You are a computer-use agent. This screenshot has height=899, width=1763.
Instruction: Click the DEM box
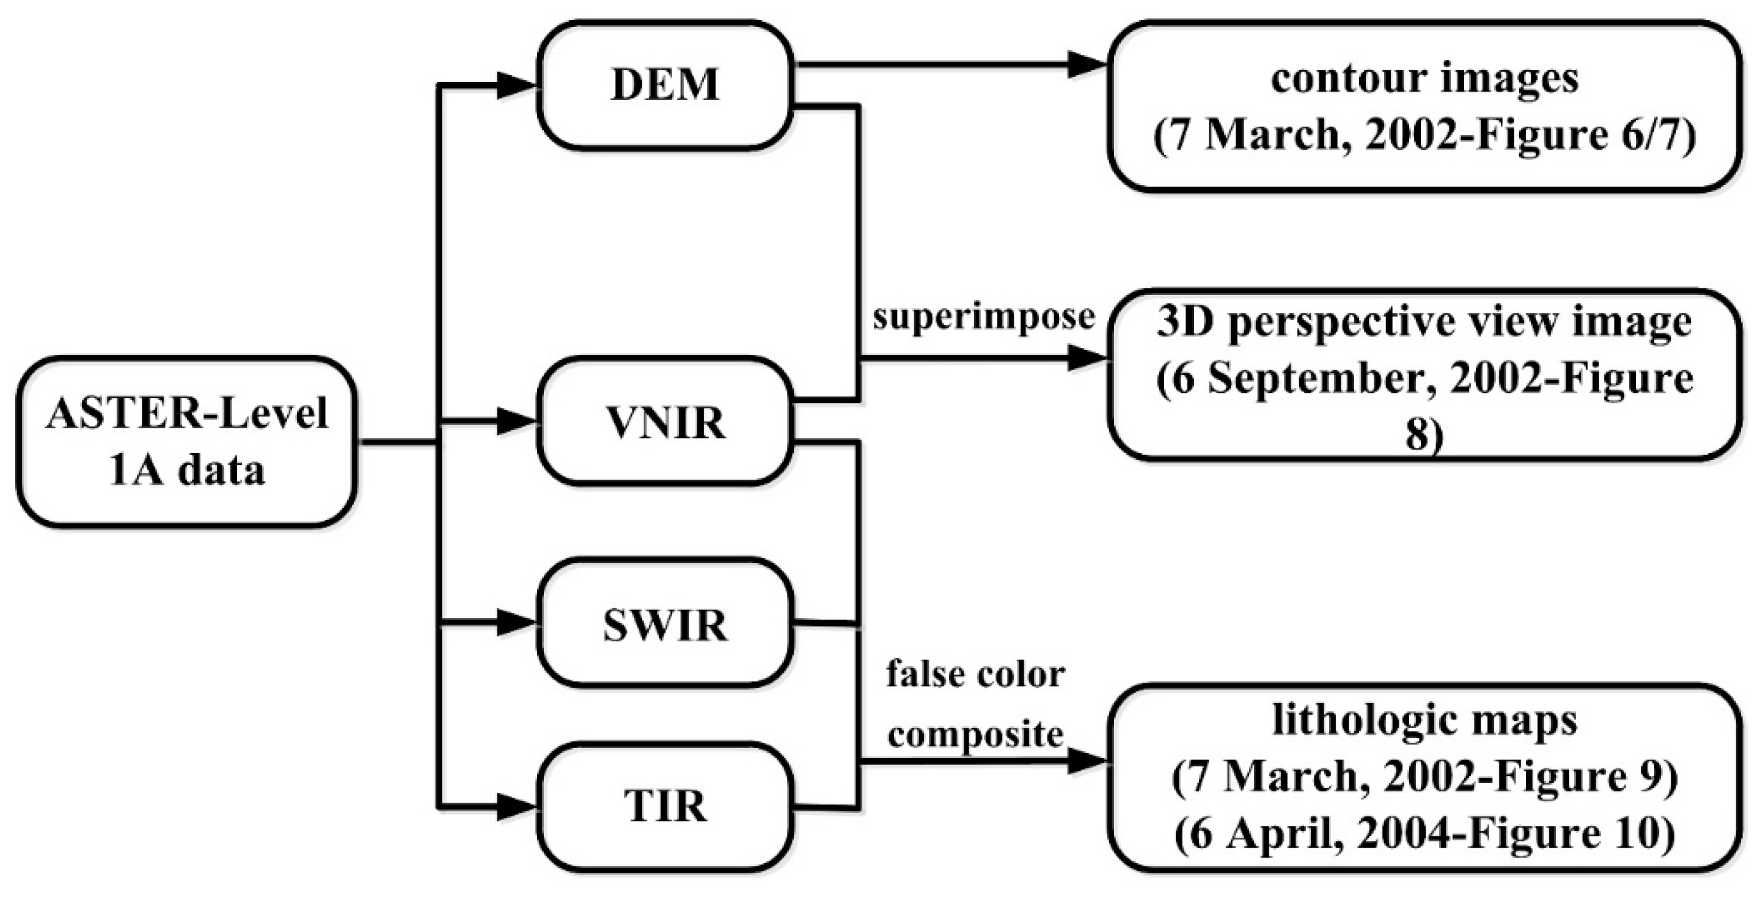point(664,85)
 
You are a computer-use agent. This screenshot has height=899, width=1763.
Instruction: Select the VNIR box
point(664,421)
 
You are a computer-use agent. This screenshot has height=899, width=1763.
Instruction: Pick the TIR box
point(664,806)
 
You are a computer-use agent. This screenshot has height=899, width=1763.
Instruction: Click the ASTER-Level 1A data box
point(186,442)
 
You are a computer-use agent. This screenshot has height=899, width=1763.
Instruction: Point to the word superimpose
point(983,317)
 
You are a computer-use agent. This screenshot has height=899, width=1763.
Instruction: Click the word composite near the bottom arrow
point(975,735)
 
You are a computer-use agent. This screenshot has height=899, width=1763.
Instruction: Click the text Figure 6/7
point(1574,135)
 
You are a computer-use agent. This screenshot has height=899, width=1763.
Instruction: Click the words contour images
point(1425,78)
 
